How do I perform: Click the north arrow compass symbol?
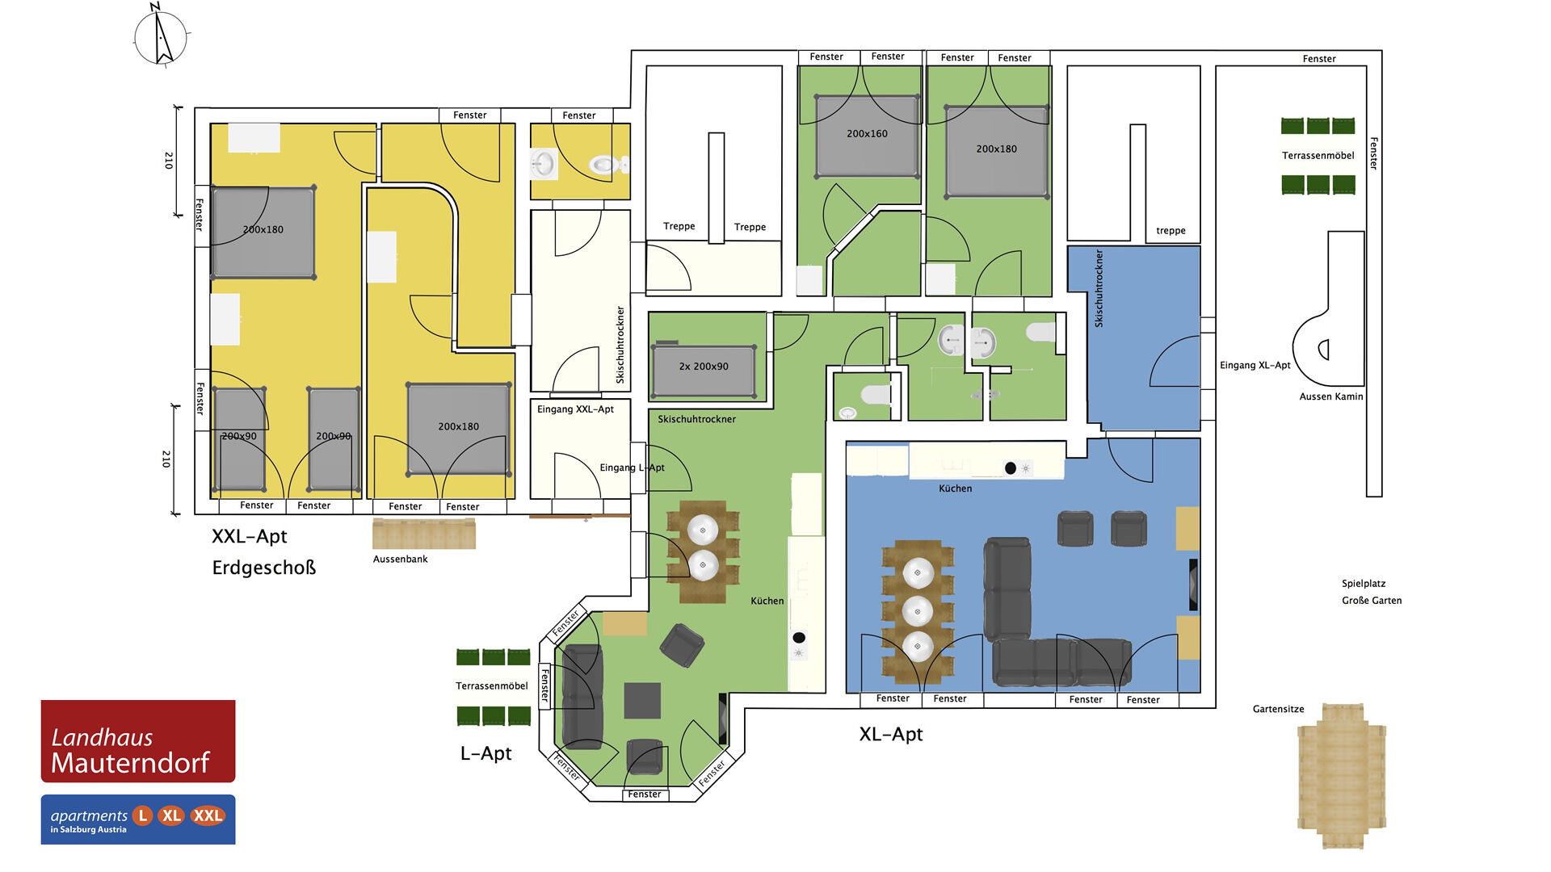point(161,36)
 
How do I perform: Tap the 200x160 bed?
point(868,136)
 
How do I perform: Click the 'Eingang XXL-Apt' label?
point(575,409)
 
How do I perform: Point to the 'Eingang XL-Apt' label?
point(1255,365)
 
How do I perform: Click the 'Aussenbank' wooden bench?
point(424,534)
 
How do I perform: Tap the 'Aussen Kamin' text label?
point(1330,396)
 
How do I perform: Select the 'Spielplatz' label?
point(1364,583)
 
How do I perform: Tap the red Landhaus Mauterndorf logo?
point(138,741)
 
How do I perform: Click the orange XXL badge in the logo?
point(208,815)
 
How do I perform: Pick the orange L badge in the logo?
point(143,815)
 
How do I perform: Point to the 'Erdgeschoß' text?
point(264,568)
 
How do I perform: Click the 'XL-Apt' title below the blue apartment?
point(890,734)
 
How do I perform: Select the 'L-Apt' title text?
point(485,753)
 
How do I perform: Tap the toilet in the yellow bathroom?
point(604,165)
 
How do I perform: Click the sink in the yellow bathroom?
point(543,164)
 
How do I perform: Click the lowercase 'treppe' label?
point(1171,231)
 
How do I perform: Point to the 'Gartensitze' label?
point(1278,709)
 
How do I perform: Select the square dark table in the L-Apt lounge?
point(642,700)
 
